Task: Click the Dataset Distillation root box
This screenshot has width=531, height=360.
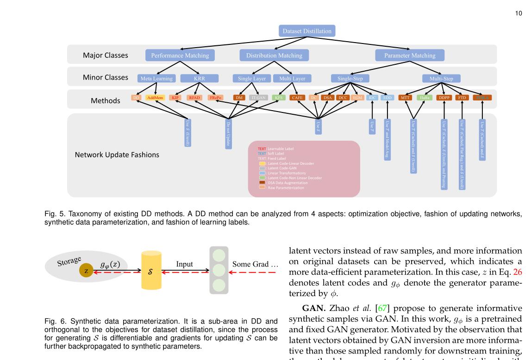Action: coord(307,31)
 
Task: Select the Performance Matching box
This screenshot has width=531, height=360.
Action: coord(180,56)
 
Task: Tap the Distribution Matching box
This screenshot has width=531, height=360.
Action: coord(274,56)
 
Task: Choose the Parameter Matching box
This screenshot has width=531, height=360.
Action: coord(410,56)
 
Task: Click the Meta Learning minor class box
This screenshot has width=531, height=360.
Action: coord(157,79)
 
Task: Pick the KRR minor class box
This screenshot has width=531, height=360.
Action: coord(199,79)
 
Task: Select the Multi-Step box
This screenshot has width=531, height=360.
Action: coord(441,79)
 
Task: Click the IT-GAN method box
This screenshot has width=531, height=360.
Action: coord(258,98)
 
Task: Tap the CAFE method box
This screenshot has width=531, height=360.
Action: coord(296,98)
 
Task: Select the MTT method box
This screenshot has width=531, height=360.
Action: coord(406,98)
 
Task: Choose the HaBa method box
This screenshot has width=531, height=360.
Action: coord(425,98)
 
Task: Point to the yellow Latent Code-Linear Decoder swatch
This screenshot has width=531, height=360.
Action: coord(262,163)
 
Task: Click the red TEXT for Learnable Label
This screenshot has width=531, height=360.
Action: coord(262,149)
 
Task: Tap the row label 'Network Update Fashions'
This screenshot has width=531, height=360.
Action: coord(117,155)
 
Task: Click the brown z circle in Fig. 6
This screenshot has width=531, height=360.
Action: coord(86,272)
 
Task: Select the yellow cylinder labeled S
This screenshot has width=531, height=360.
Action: coord(151,271)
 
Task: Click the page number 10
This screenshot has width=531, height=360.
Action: coord(519,13)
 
